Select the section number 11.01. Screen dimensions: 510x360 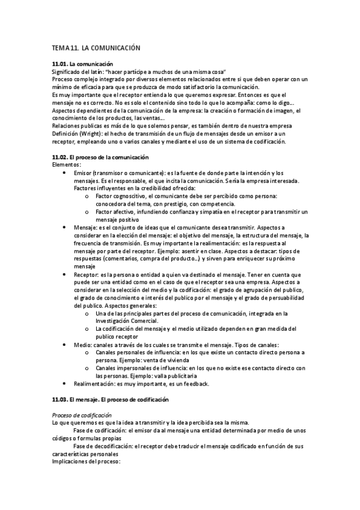(x=60, y=64)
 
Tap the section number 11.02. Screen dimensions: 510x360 (x=60, y=157)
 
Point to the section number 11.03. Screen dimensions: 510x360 (x=60, y=399)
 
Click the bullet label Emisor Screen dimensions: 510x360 (x=84, y=173)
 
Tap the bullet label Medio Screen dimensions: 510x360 (x=82, y=345)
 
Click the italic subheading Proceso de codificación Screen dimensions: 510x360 (x=82, y=415)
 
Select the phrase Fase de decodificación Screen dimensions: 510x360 (x=103, y=446)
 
